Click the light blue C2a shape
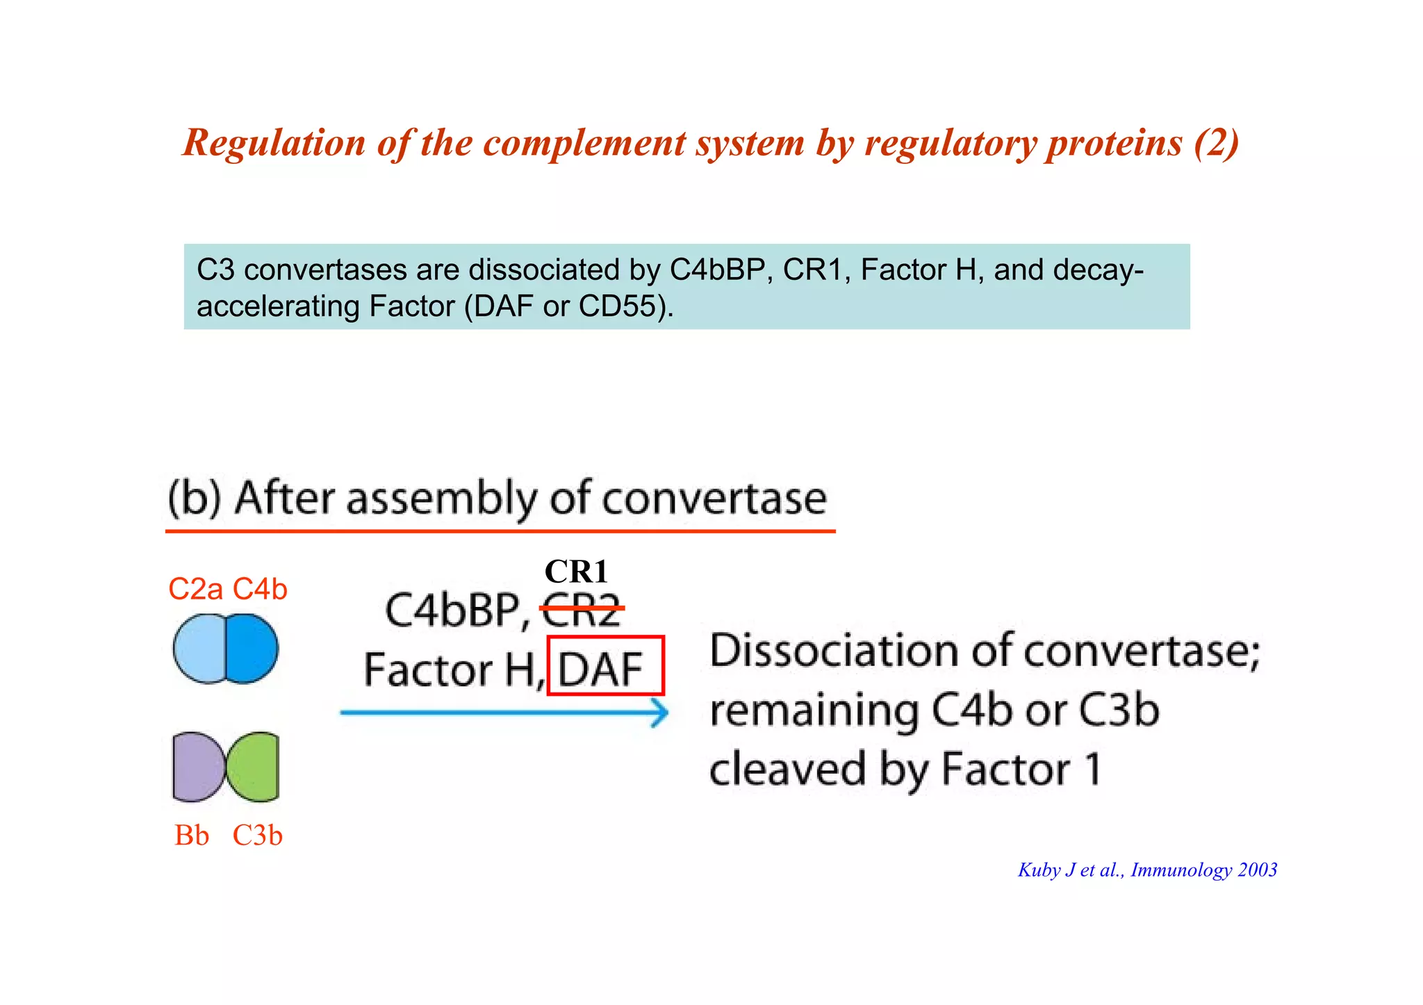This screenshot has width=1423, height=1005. pyautogui.click(x=198, y=649)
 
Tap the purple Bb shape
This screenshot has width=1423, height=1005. pyautogui.click(x=197, y=766)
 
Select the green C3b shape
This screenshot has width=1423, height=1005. pyautogui.click(x=255, y=766)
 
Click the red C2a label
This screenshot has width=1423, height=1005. pyautogui.click(x=195, y=590)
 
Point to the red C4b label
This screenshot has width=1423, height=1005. pyautogui.click(x=260, y=590)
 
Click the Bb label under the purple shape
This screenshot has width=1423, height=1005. pyautogui.click(x=192, y=836)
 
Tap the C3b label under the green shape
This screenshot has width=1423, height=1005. pyautogui.click(x=258, y=836)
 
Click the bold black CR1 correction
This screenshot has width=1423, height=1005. pyautogui.click(x=576, y=572)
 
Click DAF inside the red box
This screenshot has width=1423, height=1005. pyautogui.click(x=601, y=669)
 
